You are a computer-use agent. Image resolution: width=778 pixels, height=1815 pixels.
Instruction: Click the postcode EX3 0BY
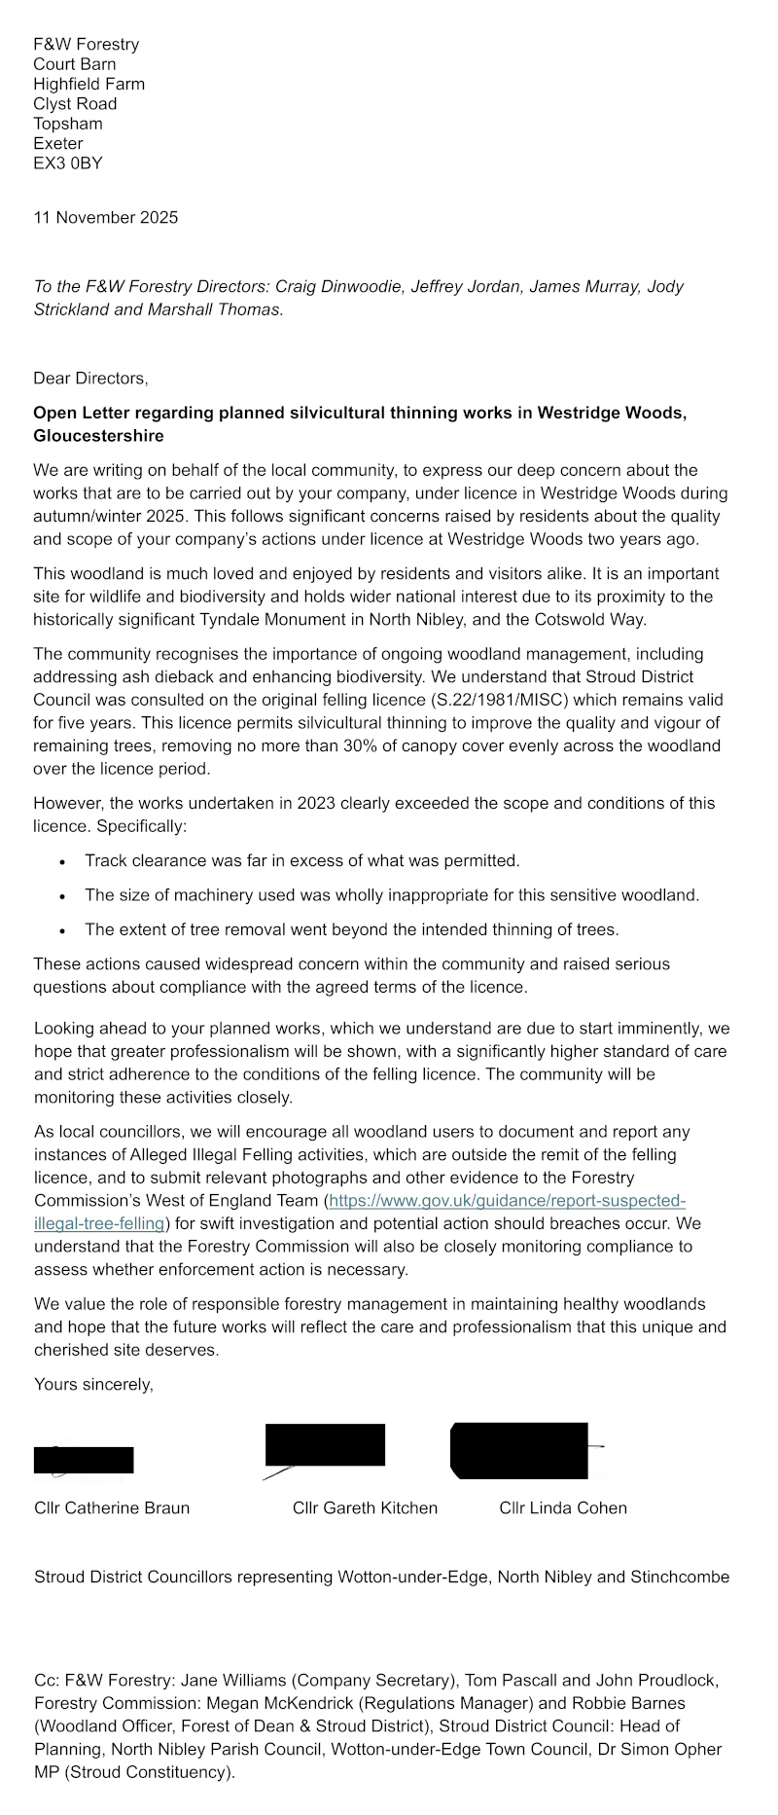point(67,163)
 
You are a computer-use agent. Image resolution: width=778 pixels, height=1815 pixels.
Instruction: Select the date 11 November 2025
point(105,217)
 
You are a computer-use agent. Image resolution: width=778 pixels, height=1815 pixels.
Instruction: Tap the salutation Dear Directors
point(90,378)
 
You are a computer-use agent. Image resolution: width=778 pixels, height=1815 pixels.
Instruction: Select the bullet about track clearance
point(301,860)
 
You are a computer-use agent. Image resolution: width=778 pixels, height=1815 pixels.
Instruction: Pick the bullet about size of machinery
point(391,894)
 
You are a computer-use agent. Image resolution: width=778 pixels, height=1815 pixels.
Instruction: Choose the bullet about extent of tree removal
point(351,929)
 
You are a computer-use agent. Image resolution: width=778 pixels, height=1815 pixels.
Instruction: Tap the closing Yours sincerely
point(93,1384)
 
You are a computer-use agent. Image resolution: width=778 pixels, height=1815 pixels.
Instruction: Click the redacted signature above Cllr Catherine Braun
point(84,1460)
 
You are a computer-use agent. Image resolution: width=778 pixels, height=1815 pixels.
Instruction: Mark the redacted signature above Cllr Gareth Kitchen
point(325,1444)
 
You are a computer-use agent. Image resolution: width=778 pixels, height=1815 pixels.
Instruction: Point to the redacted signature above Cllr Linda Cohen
point(519,1450)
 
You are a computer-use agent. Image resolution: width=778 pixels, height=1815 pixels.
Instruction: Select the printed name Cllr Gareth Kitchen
point(365,1507)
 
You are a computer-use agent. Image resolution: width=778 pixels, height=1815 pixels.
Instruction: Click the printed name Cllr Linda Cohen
point(563,1507)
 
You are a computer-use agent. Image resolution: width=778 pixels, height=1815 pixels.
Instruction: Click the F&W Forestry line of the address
point(86,44)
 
